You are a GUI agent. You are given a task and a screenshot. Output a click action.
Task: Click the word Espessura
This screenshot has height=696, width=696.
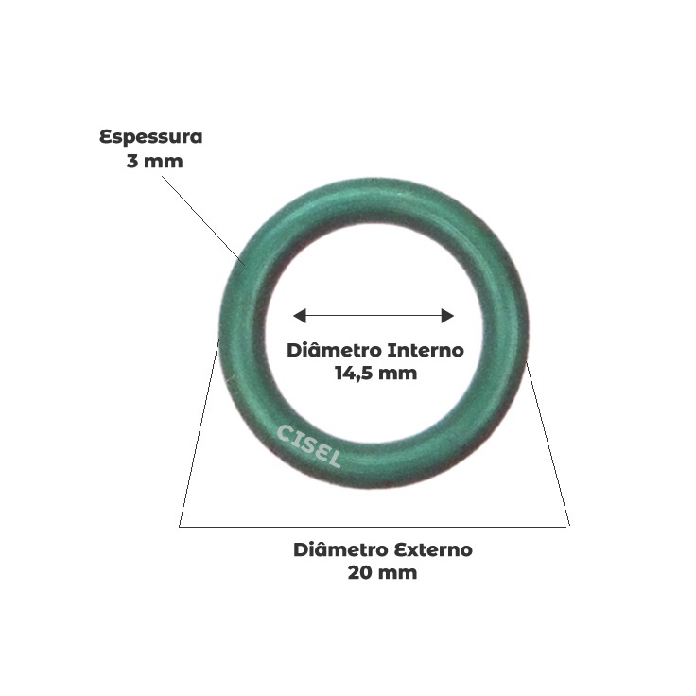pos(151,137)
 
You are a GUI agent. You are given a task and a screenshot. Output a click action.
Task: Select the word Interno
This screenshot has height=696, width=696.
pos(421,350)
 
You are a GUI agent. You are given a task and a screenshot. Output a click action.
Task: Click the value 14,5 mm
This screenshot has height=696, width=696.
pos(374,373)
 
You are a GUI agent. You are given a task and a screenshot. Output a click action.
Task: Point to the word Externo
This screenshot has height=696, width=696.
pos(431,549)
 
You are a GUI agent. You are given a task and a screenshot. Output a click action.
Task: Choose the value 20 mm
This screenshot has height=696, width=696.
pos(382,572)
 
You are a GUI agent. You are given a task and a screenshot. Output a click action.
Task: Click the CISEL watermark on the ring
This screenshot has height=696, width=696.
pos(308,446)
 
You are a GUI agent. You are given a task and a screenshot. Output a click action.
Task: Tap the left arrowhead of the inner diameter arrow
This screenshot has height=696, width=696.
pos(298,316)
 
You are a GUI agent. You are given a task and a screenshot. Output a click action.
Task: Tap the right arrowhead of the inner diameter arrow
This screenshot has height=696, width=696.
pos(450,316)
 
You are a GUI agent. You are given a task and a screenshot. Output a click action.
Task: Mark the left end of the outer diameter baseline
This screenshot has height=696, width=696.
pos(180,525)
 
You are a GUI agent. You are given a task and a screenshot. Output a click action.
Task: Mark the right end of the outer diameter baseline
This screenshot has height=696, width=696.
pos(568,525)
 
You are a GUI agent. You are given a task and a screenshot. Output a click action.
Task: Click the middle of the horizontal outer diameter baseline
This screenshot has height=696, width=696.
pos(374,525)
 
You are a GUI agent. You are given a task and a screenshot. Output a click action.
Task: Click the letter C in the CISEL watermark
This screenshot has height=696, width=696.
pos(283,431)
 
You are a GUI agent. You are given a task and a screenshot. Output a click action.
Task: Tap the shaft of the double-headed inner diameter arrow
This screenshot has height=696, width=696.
pos(374,316)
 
